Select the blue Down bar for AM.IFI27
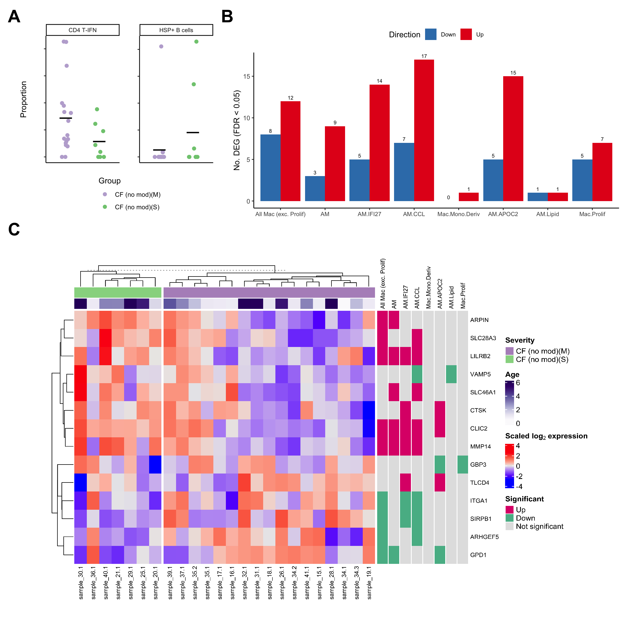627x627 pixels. click(x=359, y=180)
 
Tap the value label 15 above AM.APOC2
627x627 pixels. click(x=513, y=73)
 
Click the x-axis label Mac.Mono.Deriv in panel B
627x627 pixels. click(x=458, y=214)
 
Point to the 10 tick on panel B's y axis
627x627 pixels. click(x=247, y=118)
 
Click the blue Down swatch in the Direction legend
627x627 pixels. click(x=431, y=34)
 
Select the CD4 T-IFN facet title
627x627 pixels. click(x=82, y=30)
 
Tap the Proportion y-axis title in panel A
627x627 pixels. click(x=23, y=99)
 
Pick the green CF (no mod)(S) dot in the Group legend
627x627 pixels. click(x=105, y=207)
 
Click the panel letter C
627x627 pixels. click(x=14, y=229)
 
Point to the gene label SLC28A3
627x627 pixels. click(x=483, y=338)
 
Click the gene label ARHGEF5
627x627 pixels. click(x=484, y=537)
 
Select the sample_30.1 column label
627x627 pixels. click(x=81, y=583)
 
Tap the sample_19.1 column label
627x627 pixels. click(x=369, y=583)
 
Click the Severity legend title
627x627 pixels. click(x=520, y=340)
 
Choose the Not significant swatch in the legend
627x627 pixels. click(x=509, y=526)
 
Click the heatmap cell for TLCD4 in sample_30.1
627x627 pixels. click(x=81, y=482)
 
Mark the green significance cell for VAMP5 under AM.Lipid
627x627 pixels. click(x=451, y=374)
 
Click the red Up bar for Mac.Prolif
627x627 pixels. click(x=602, y=172)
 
